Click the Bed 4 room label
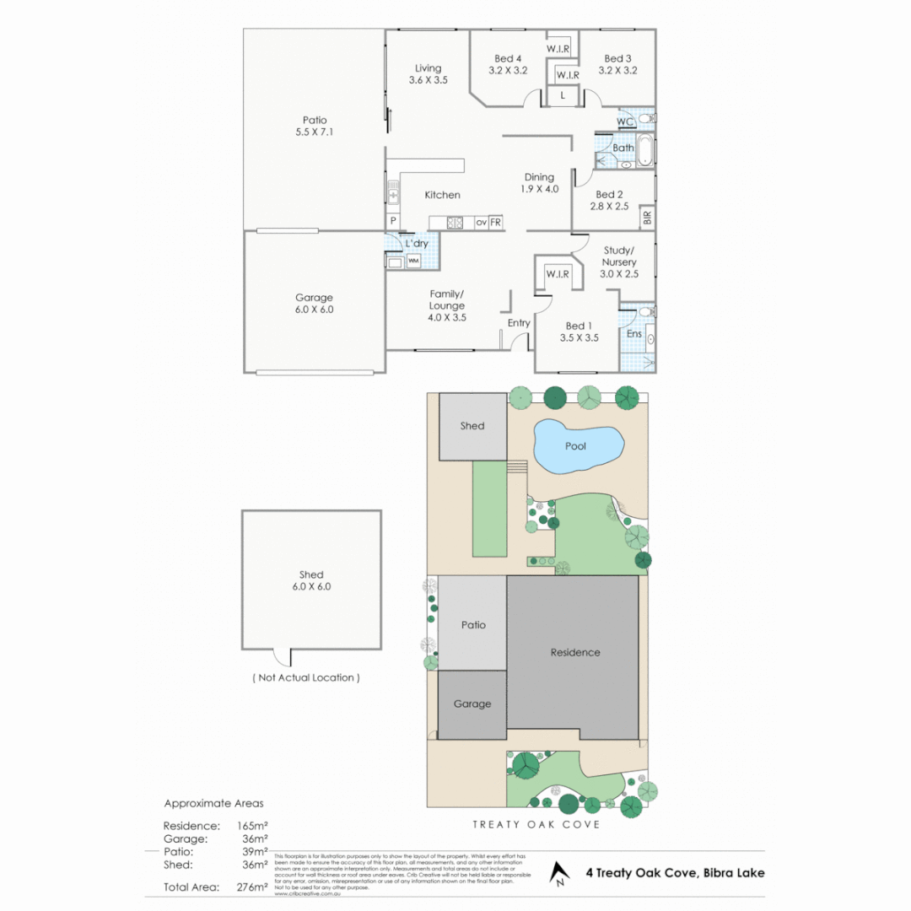click(508, 58)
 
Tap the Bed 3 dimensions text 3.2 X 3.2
click(617, 71)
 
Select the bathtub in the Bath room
click(645, 150)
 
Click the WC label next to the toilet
click(624, 122)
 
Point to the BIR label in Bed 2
click(647, 217)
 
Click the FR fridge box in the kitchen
click(496, 223)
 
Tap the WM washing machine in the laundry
click(413, 261)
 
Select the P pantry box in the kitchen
click(393, 221)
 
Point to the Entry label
click(519, 323)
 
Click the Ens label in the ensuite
click(633, 334)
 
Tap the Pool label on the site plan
click(575, 445)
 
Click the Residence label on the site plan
click(575, 652)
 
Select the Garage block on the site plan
click(472, 703)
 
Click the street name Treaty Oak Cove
click(536, 824)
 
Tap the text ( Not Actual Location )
click(305, 677)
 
